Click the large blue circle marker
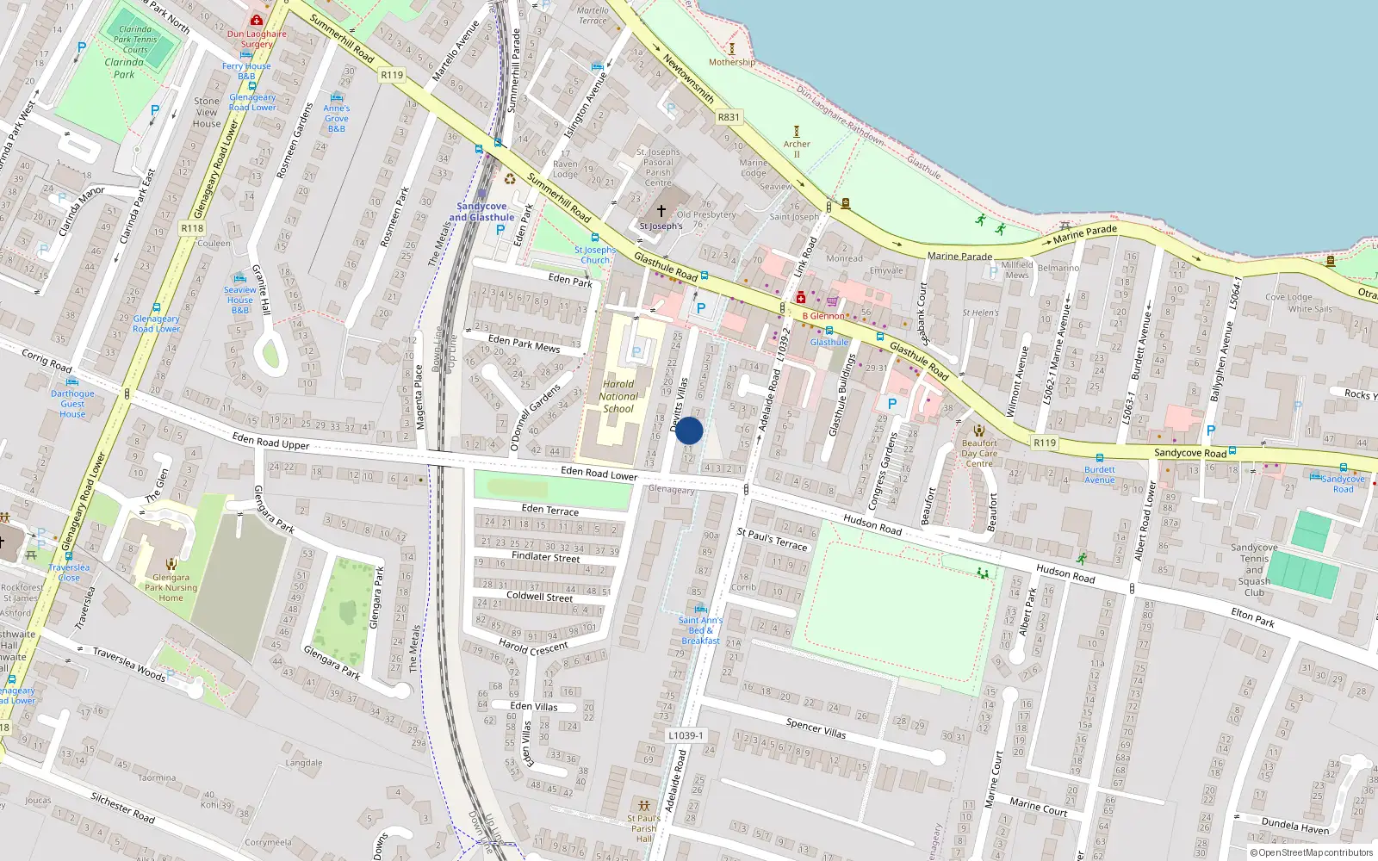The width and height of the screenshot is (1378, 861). [x=689, y=430]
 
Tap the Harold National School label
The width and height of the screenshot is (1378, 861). [x=618, y=397]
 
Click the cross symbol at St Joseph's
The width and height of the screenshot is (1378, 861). [x=661, y=210]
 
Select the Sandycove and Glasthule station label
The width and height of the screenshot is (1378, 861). [x=481, y=212]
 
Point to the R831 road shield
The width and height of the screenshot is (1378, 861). [x=729, y=117]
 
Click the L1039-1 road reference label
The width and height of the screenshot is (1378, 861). [x=686, y=735]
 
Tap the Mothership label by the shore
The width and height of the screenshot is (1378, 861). [x=732, y=62]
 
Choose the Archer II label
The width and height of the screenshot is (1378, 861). [x=797, y=149]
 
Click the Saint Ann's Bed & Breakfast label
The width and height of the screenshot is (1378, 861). [x=700, y=630]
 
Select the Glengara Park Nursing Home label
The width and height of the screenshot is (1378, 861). [x=171, y=588]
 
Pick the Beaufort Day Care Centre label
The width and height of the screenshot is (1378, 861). [x=979, y=453]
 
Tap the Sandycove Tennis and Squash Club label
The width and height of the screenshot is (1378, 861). [x=1254, y=569]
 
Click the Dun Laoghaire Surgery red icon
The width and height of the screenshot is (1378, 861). [x=257, y=20]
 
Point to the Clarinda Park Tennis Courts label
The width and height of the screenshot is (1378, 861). [x=135, y=40]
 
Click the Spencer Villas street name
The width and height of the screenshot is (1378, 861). [x=816, y=728]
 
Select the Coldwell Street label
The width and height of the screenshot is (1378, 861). [x=539, y=596]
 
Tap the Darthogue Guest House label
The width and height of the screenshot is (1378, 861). [x=72, y=404]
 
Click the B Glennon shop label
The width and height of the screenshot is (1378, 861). [x=823, y=316]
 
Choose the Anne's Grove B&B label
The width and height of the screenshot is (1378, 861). [x=337, y=118]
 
